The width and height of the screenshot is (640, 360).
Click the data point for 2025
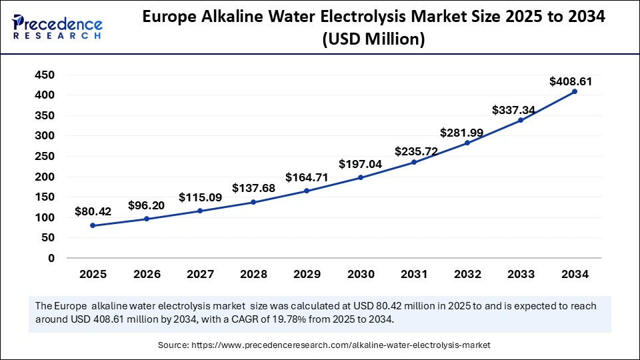pyautogui.click(x=93, y=225)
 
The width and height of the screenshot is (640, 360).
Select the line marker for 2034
pyautogui.click(x=575, y=91)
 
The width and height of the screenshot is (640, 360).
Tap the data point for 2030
pyautogui.click(x=361, y=177)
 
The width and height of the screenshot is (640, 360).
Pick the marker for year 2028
pyautogui.click(x=253, y=202)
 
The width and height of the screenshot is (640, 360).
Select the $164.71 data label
pyautogui.click(x=307, y=177)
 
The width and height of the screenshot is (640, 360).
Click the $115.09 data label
pyautogui.click(x=199, y=198)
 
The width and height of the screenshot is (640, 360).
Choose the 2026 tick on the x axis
pyautogui.click(x=146, y=273)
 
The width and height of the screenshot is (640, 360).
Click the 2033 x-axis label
pyautogui.click(x=521, y=273)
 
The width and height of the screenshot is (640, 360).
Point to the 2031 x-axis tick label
pyautogui.click(x=414, y=273)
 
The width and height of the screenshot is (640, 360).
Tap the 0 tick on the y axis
pyautogui.click(x=51, y=258)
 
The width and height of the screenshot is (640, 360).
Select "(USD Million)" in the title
pyautogui.click(x=373, y=40)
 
